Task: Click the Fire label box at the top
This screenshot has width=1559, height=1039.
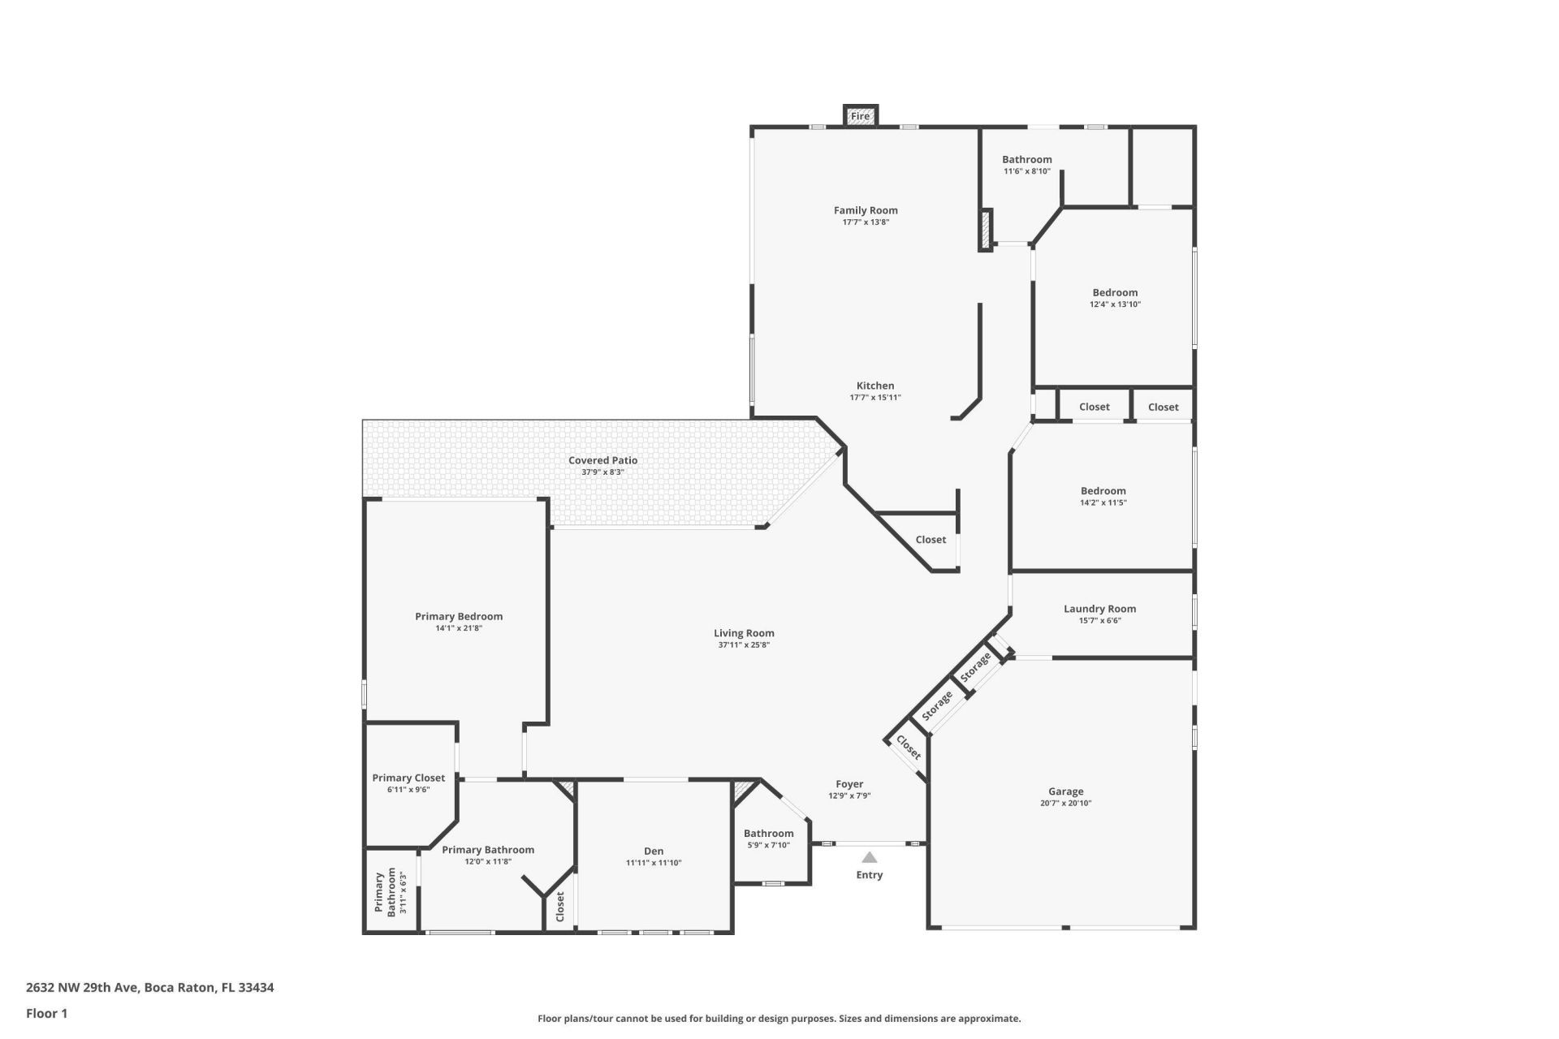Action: (860, 116)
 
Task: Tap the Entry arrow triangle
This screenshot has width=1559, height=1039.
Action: (869, 857)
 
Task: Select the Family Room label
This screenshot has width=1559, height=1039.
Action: (866, 210)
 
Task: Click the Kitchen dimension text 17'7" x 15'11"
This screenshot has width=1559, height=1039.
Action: (875, 398)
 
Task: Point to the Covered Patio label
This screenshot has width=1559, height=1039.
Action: (602, 460)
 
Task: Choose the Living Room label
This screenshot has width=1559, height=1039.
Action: (744, 633)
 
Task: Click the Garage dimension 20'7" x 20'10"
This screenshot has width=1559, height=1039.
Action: (1065, 804)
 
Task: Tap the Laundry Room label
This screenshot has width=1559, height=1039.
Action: (1099, 609)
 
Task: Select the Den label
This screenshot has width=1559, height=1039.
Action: (654, 851)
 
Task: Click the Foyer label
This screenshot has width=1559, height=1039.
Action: (849, 784)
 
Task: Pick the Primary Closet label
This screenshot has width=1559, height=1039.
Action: (408, 778)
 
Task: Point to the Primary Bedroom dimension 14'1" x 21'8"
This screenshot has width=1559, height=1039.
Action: (459, 628)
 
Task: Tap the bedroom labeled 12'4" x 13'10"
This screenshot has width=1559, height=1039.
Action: (1115, 298)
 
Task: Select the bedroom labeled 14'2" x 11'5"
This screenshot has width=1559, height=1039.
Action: (1103, 496)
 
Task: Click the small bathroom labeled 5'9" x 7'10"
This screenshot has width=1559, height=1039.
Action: (768, 839)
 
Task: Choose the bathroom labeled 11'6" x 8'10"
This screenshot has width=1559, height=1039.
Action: (1026, 165)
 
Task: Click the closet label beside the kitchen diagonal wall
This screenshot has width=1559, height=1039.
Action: (931, 540)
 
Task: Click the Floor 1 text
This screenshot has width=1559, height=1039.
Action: (46, 1013)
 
